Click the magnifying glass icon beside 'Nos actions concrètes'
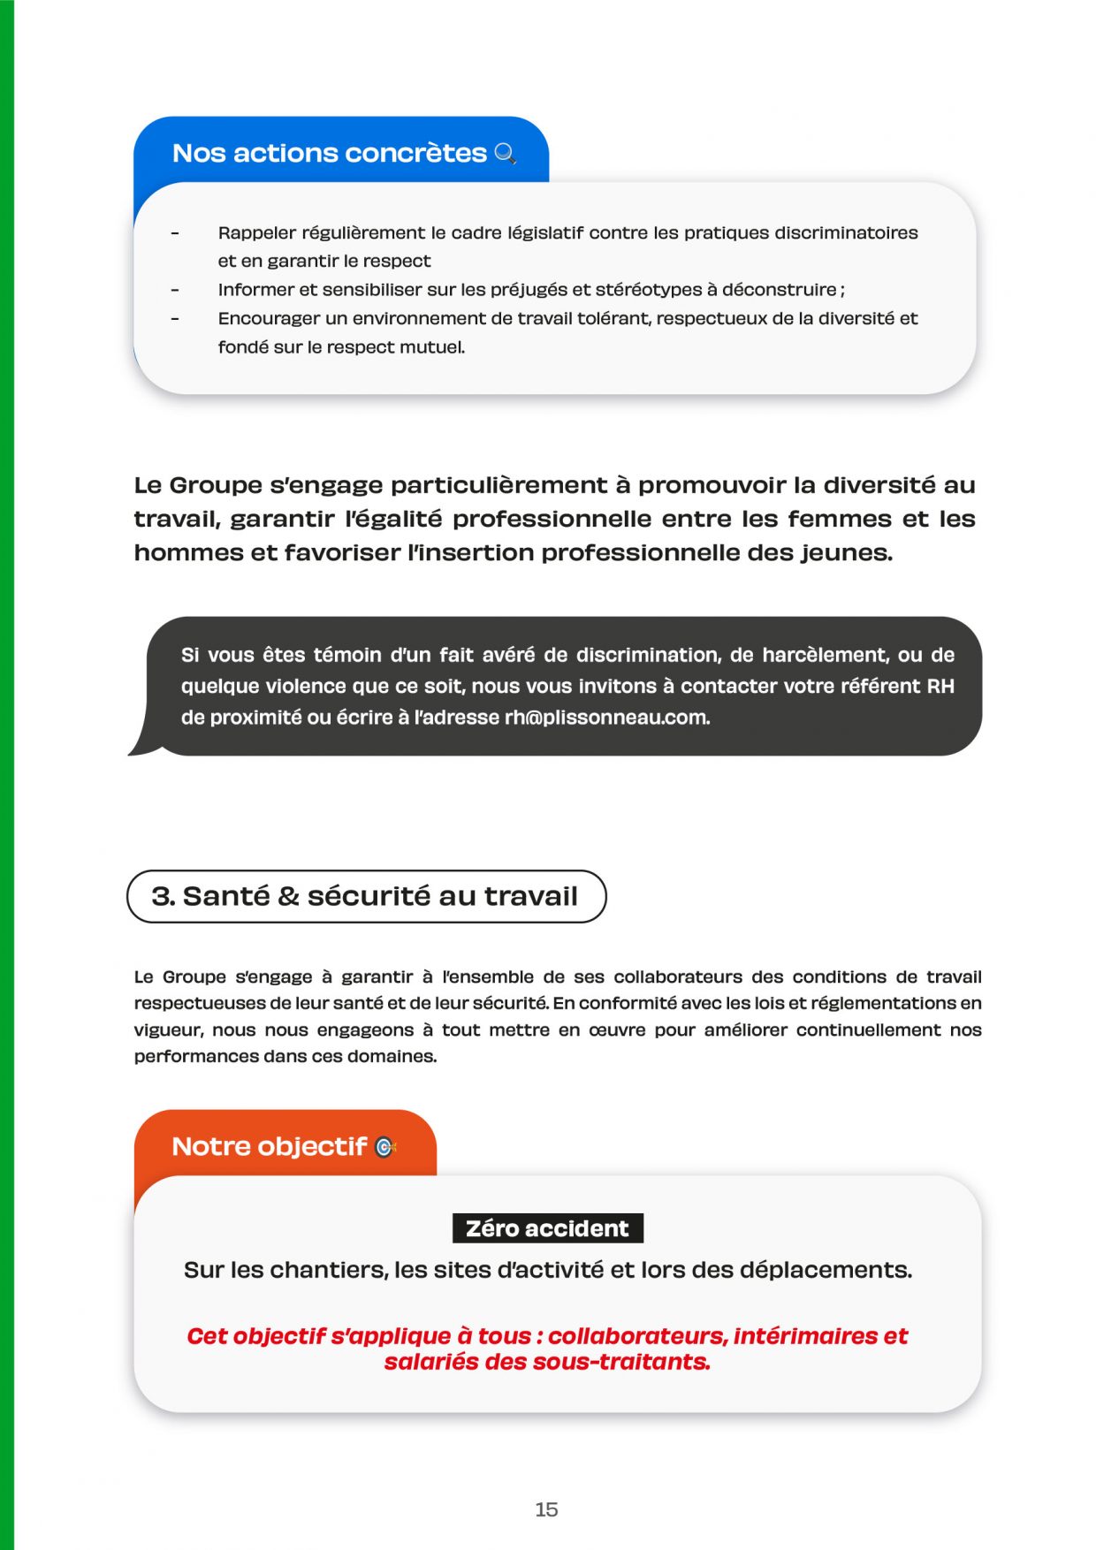point(505,154)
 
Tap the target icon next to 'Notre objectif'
point(385,1147)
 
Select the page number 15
point(546,1509)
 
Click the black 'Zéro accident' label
point(547,1228)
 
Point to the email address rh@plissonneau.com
point(606,718)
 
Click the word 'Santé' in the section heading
point(225,896)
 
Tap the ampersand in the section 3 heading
point(288,896)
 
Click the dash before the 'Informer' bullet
point(175,290)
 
